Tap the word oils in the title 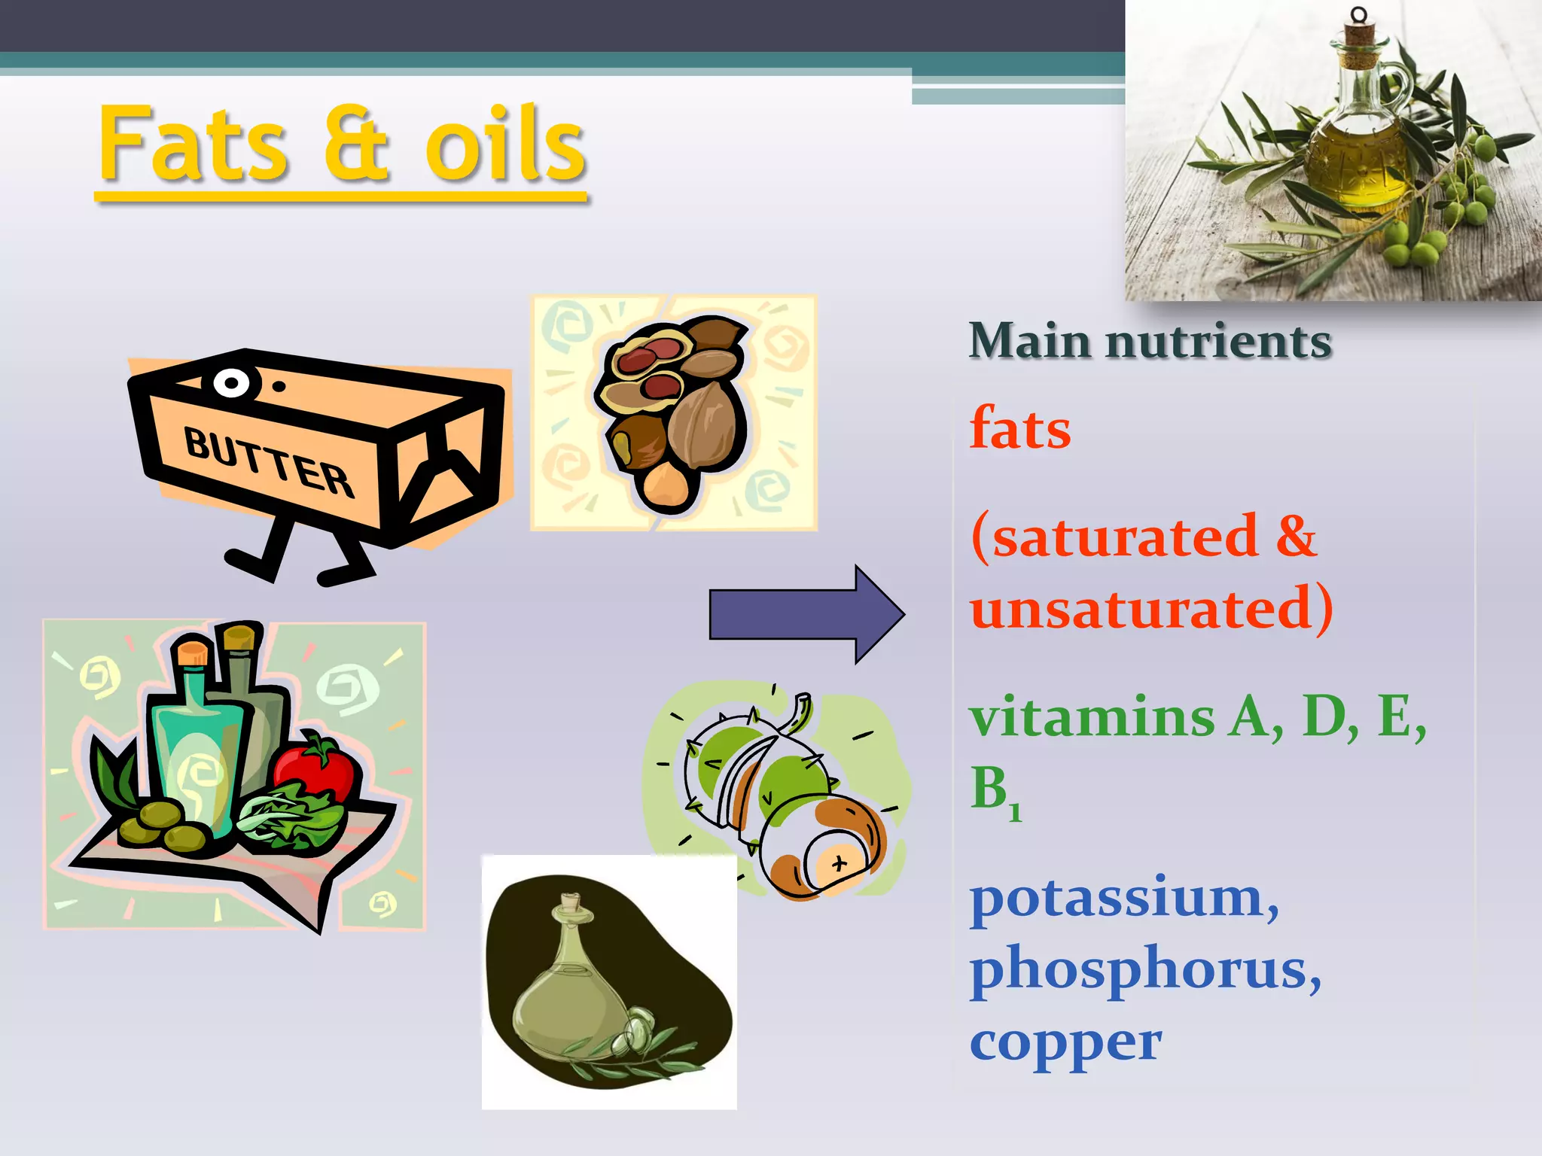click(504, 144)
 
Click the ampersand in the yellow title click(357, 144)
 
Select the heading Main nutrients click(1150, 341)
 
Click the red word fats click(1020, 428)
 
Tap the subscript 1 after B click(1015, 811)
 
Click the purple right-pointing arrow click(806, 614)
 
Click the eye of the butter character click(232, 383)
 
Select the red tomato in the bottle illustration click(315, 766)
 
